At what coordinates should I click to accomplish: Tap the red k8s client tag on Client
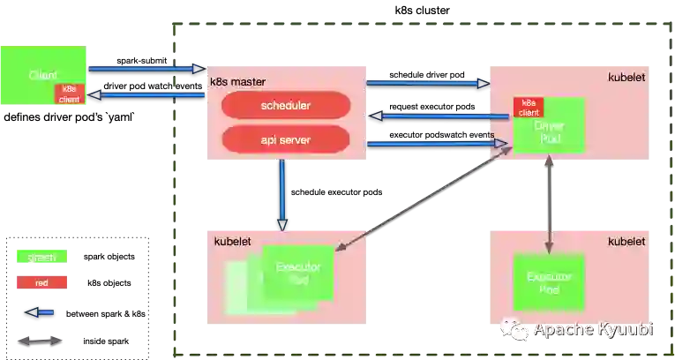(x=70, y=94)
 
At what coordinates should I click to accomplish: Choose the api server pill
(x=285, y=139)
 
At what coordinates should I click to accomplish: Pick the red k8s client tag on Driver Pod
(x=529, y=108)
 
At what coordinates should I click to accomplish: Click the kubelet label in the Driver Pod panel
(x=626, y=79)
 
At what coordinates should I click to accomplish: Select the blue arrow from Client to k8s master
(x=146, y=68)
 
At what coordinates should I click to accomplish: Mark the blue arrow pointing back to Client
(x=146, y=95)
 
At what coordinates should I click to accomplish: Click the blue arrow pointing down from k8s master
(x=282, y=192)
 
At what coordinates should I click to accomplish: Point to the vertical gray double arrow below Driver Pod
(x=549, y=205)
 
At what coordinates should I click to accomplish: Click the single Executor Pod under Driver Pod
(x=549, y=282)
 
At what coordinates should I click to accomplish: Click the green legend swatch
(x=41, y=258)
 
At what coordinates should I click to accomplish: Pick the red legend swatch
(x=41, y=283)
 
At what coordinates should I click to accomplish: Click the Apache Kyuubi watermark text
(x=593, y=330)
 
